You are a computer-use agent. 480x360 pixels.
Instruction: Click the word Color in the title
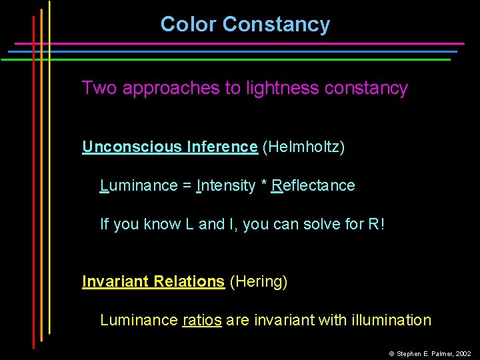point(189,25)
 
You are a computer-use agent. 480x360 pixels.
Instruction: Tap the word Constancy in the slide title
point(276,25)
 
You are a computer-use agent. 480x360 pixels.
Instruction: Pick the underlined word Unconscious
point(132,147)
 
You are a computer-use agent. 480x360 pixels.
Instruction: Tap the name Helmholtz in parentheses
point(304,147)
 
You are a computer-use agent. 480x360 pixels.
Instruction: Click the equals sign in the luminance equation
point(187,186)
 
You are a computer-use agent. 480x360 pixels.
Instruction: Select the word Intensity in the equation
point(226,185)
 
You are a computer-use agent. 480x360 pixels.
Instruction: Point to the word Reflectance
point(313,185)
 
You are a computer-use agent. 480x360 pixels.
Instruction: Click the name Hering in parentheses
point(258,282)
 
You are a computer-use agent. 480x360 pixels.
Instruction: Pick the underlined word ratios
point(201,320)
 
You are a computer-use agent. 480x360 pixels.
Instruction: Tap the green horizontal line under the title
point(227,59)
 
